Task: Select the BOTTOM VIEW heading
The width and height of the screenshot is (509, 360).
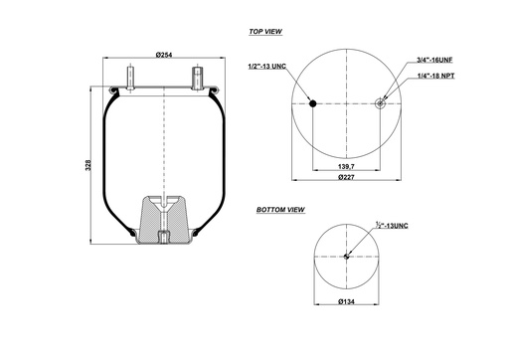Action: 280,211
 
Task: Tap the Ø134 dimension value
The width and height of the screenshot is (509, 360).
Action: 346,301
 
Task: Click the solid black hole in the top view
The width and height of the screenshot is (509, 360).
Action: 312,102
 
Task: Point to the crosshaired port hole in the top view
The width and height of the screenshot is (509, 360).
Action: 382,102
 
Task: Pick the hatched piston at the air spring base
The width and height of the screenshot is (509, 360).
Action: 164,218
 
